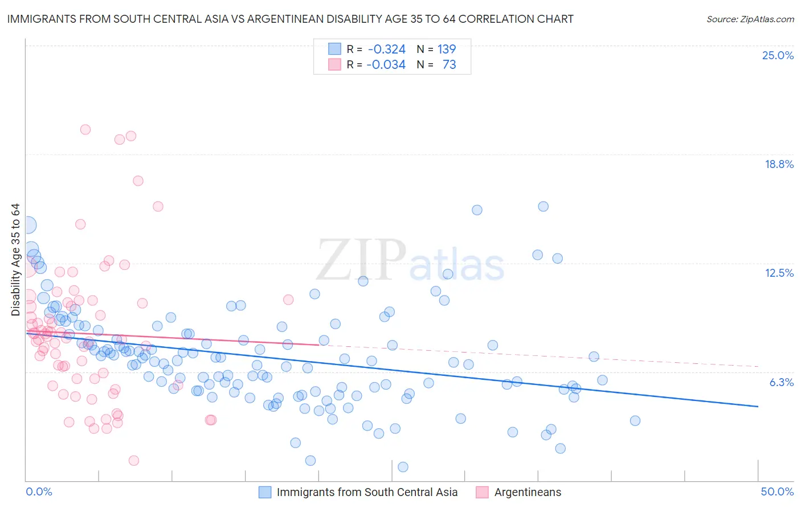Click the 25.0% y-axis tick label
[778, 55]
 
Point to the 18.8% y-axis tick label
[779, 164]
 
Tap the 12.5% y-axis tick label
[779, 273]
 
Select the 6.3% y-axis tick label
[781, 382]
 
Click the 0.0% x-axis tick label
[39, 491]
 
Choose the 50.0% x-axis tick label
[777, 491]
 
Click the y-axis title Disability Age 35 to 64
[15, 260]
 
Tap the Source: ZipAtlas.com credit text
[750, 19]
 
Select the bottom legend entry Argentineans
[528, 492]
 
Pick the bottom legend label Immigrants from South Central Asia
[367, 492]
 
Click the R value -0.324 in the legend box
[386, 50]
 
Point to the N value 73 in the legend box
[449, 65]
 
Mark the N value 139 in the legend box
[447, 50]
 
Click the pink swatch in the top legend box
[334, 64]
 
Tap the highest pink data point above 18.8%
[85, 129]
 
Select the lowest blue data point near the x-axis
[403, 467]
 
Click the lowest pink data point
[134, 460]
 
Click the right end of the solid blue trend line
[758, 406]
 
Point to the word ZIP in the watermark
[361, 261]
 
